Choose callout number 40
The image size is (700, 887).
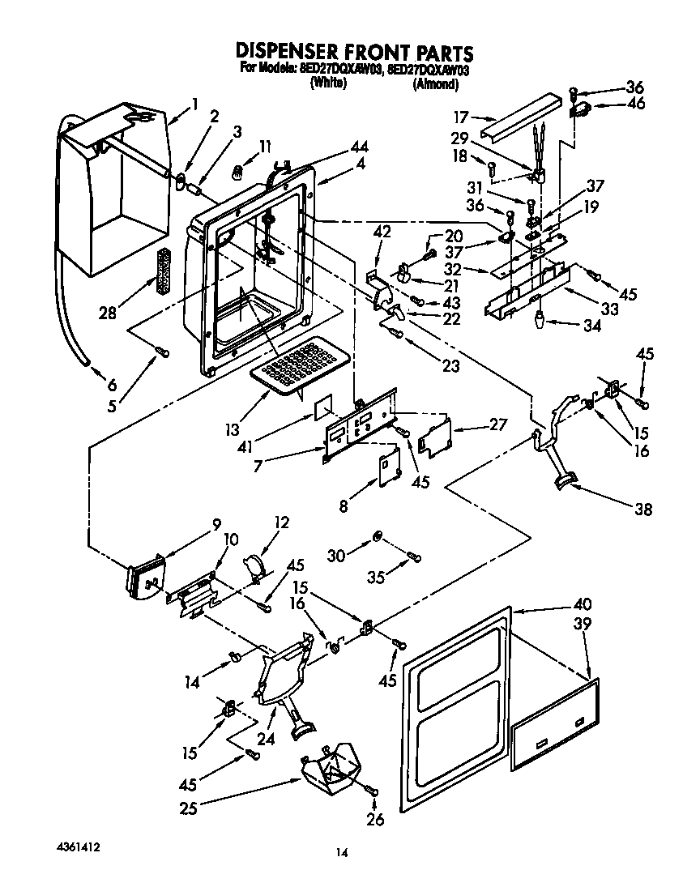[x=583, y=603]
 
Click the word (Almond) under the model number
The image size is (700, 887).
[x=436, y=83]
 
